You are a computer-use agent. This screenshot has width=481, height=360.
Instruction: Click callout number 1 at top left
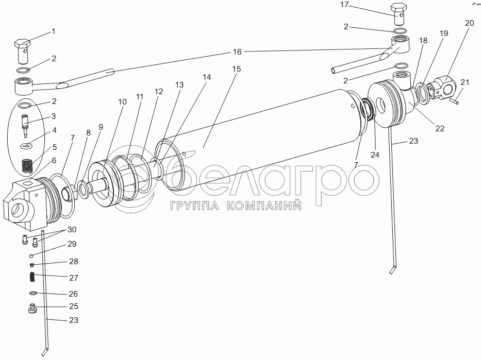tap(53, 31)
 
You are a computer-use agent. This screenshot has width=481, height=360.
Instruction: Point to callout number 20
tap(469, 23)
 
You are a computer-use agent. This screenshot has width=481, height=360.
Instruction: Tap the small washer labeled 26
tap(32, 293)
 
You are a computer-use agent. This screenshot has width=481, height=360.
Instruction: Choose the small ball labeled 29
tap(31, 256)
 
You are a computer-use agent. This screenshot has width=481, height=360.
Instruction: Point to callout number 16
tap(237, 52)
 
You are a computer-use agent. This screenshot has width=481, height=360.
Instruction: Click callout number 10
tap(122, 102)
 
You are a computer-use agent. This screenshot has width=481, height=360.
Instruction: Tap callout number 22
tap(439, 129)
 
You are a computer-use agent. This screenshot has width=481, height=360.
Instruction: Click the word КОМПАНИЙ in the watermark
tap(263, 207)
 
